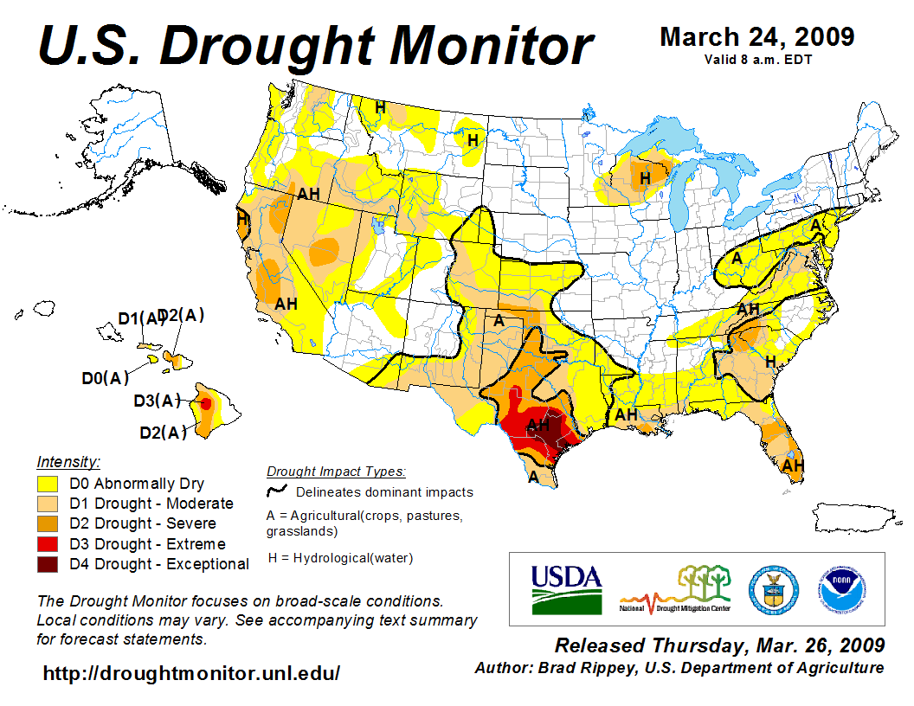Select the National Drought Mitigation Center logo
tap(675, 589)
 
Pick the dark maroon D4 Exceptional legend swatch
tap(48, 564)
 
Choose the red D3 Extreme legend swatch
tap(48, 544)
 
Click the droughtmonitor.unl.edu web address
tap(191, 673)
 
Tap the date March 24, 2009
tap(756, 37)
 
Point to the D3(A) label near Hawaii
tap(157, 401)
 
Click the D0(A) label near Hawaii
tap(106, 377)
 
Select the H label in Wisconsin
tap(645, 178)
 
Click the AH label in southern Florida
tap(793, 465)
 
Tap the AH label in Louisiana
tap(626, 415)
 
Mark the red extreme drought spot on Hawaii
tap(206, 403)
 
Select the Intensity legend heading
tap(68, 462)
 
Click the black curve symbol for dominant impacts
tap(277, 491)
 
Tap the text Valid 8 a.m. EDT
tap(757, 60)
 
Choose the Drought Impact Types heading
tap(336, 472)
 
